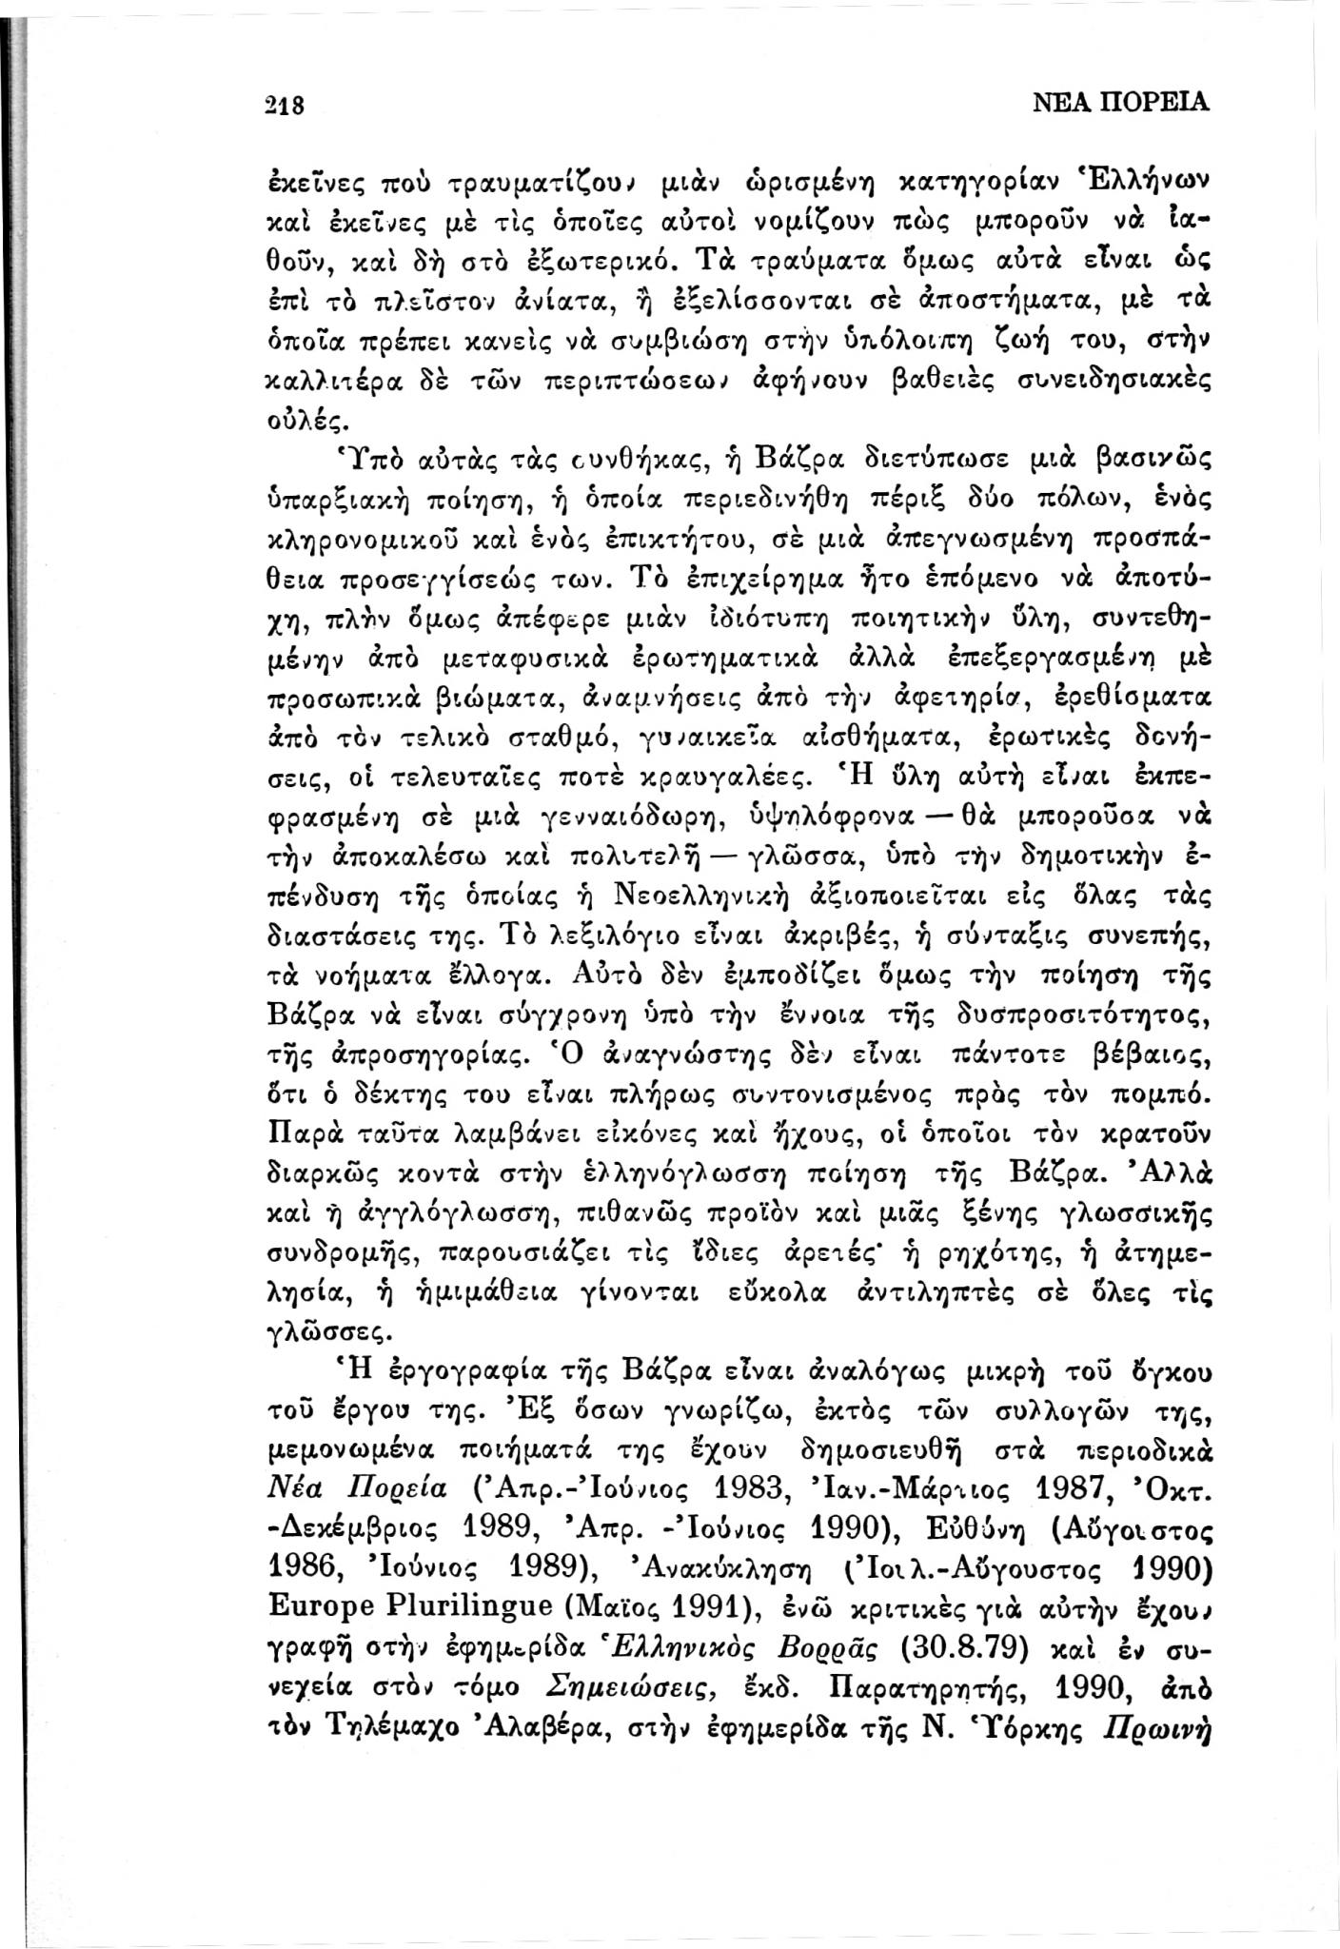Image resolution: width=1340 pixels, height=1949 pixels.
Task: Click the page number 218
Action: (x=283, y=103)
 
